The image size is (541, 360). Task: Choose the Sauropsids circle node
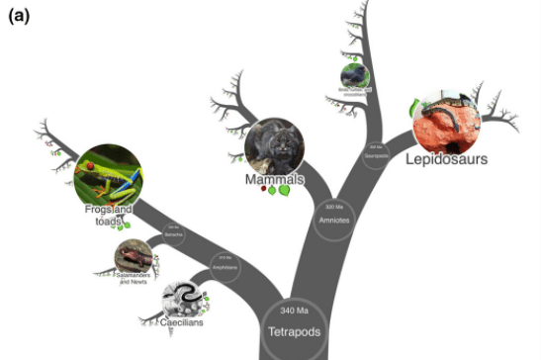374,154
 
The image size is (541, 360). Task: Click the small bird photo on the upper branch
353,76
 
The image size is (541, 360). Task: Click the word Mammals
274,180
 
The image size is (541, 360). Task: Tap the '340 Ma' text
295,312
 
